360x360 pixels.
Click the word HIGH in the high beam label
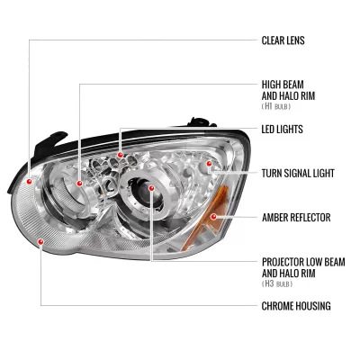coord(271,83)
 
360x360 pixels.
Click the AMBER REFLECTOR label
coord(296,217)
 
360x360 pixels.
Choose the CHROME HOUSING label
coord(295,305)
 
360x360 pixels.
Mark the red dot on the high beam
coord(80,184)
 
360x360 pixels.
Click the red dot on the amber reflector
coord(212,217)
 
